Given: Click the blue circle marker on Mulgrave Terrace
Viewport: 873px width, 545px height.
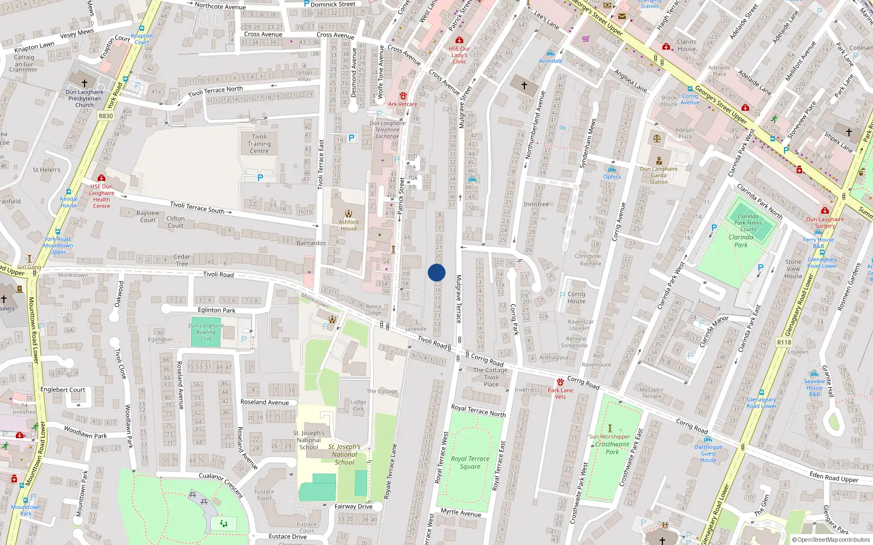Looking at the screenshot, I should point(436,272).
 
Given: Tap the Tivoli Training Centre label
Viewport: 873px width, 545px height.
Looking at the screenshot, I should point(259,144).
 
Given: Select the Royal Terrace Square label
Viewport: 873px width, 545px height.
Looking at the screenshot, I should point(470,463).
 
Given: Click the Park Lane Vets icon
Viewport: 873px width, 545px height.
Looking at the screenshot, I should point(560,382).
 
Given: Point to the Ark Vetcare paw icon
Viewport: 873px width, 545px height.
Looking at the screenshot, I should point(403,96).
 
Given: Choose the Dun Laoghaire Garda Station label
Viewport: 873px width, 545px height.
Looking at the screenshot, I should point(659,175).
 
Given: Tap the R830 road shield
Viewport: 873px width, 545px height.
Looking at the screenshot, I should point(106,116).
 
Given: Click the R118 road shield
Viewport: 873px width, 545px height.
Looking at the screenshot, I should point(784,342).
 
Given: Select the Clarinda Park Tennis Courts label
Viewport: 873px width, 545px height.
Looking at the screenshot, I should point(748,223).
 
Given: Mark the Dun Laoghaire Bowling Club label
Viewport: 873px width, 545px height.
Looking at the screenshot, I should point(206,332).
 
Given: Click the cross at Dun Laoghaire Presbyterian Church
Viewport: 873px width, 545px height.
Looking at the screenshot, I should point(85,83).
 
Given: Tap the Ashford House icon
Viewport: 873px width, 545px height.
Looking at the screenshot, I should point(349,214).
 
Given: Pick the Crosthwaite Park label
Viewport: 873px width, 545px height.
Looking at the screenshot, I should point(612,448).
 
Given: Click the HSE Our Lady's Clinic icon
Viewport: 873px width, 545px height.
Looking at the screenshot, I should point(459,40).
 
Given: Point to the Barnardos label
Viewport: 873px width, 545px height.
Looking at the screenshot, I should point(311,243).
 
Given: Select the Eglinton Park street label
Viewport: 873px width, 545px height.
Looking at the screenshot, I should point(217,310).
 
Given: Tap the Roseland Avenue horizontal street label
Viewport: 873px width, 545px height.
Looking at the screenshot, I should point(265,402).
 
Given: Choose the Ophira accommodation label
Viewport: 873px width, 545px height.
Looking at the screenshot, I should point(612,177).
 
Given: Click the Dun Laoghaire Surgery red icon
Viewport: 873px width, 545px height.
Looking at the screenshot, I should point(825,210).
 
